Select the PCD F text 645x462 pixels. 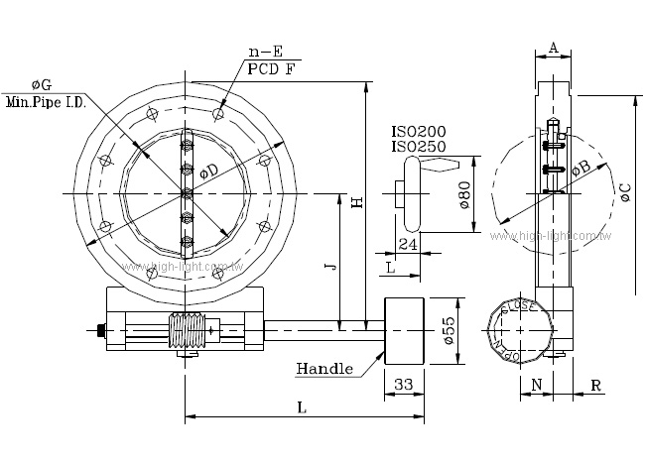tap(271, 70)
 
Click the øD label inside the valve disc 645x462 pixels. tap(209, 171)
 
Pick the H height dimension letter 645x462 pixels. tap(357, 202)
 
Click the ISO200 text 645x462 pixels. tap(418, 131)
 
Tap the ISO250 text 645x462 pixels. tap(418, 146)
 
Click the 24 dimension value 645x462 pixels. tap(407, 243)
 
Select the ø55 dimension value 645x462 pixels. tap(448, 331)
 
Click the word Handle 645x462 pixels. tap(324, 369)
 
